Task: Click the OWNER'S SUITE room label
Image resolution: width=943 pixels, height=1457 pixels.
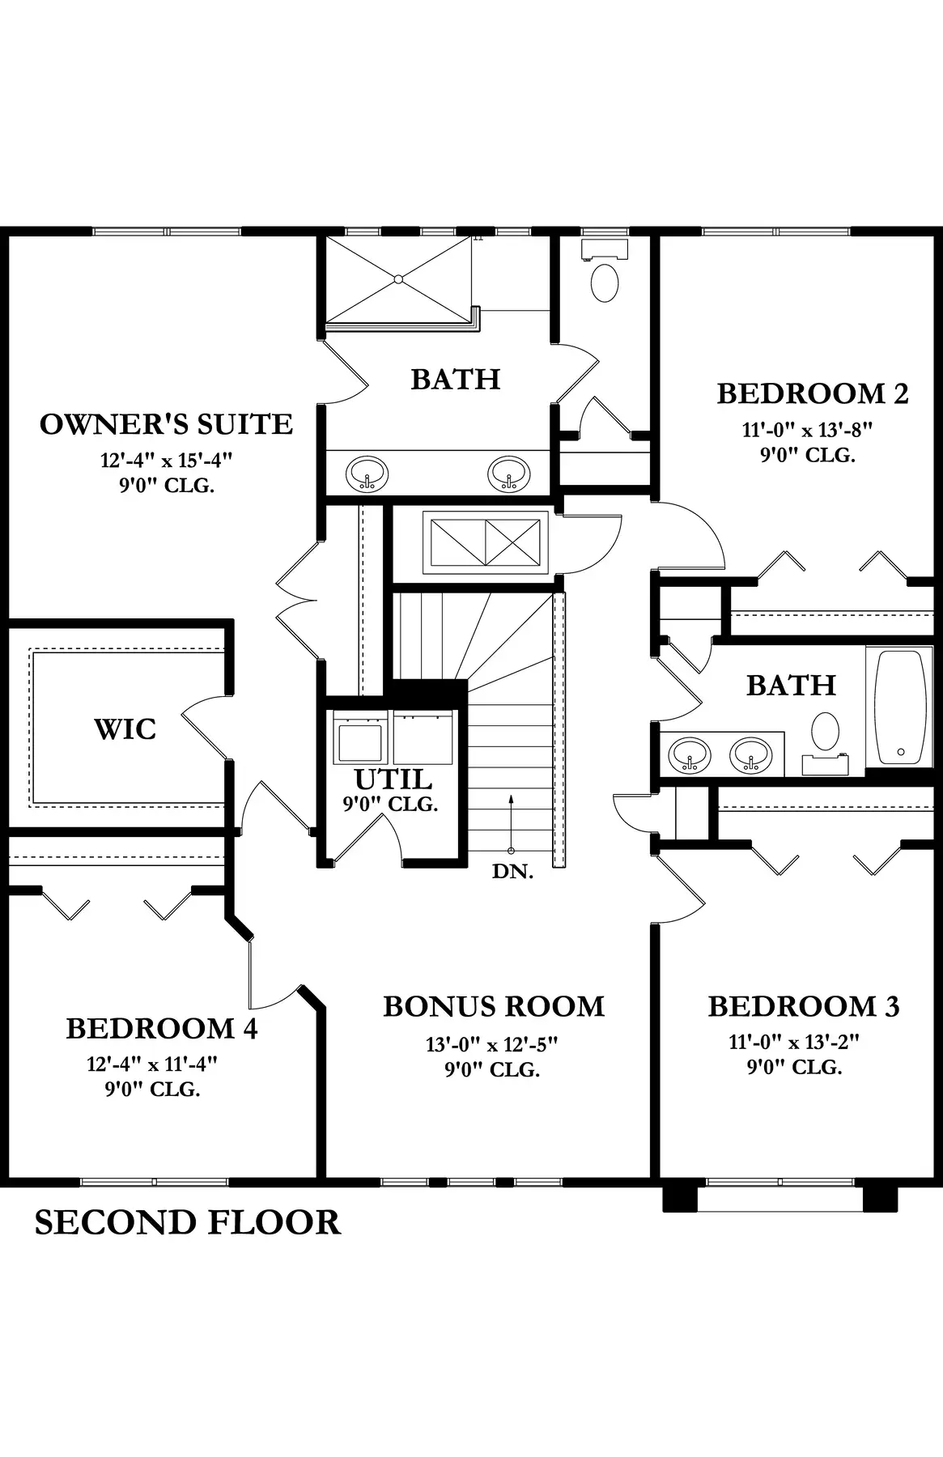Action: [x=166, y=424]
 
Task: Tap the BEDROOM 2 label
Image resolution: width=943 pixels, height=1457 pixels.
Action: [x=813, y=393]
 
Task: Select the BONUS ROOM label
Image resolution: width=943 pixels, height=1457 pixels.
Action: [x=494, y=1006]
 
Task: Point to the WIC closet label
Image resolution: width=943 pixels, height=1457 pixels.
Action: [x=125, y=728]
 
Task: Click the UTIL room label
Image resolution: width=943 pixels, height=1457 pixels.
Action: [x=393, y=779]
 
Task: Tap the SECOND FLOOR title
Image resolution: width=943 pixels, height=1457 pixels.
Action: [x=187, y=1221]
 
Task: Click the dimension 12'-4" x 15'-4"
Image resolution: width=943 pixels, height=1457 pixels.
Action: [x=166, y=461]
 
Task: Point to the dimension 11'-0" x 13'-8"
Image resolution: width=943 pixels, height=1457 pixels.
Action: [x=808, y=429]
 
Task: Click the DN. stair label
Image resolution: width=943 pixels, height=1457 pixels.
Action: [x=513, y=872]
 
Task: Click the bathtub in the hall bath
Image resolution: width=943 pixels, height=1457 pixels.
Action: [x=901, y=706]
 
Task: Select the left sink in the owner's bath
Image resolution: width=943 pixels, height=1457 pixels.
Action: [x=367, y=473]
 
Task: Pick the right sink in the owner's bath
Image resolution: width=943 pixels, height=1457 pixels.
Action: [x=508, y=473]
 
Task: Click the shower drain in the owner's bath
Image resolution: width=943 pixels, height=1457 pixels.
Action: [x=397, y=279]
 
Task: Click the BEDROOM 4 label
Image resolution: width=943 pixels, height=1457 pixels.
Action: [x=162, y=1028]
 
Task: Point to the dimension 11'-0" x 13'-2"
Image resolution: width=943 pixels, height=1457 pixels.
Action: [x=794, y=1042]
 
